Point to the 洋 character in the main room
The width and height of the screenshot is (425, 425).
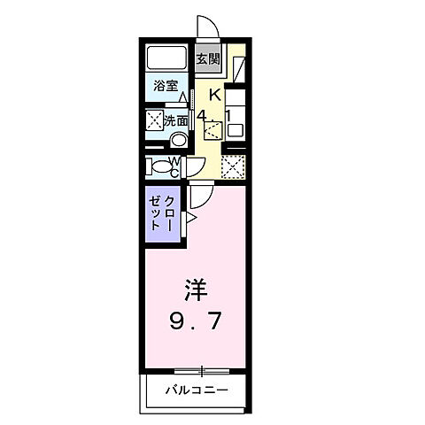click(197, 290)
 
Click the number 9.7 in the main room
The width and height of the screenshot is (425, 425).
click(197, 321)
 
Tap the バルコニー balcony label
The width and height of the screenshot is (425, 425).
click(197, 390)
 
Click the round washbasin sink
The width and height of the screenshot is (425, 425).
click(178, 139)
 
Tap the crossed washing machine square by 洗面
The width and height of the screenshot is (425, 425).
click(153, 120)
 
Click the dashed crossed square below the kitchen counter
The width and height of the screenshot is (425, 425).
click(233, 166)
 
